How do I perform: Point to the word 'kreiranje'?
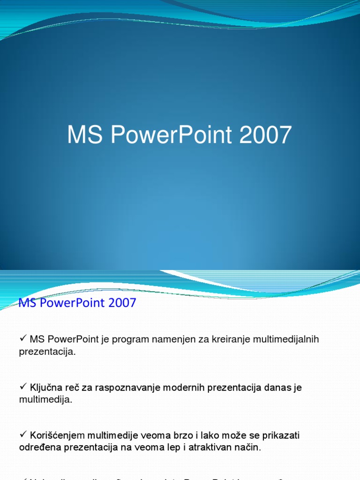click(228, 339)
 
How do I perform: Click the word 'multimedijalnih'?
click(286, 339)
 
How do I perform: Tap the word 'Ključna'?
click(45, 388)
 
